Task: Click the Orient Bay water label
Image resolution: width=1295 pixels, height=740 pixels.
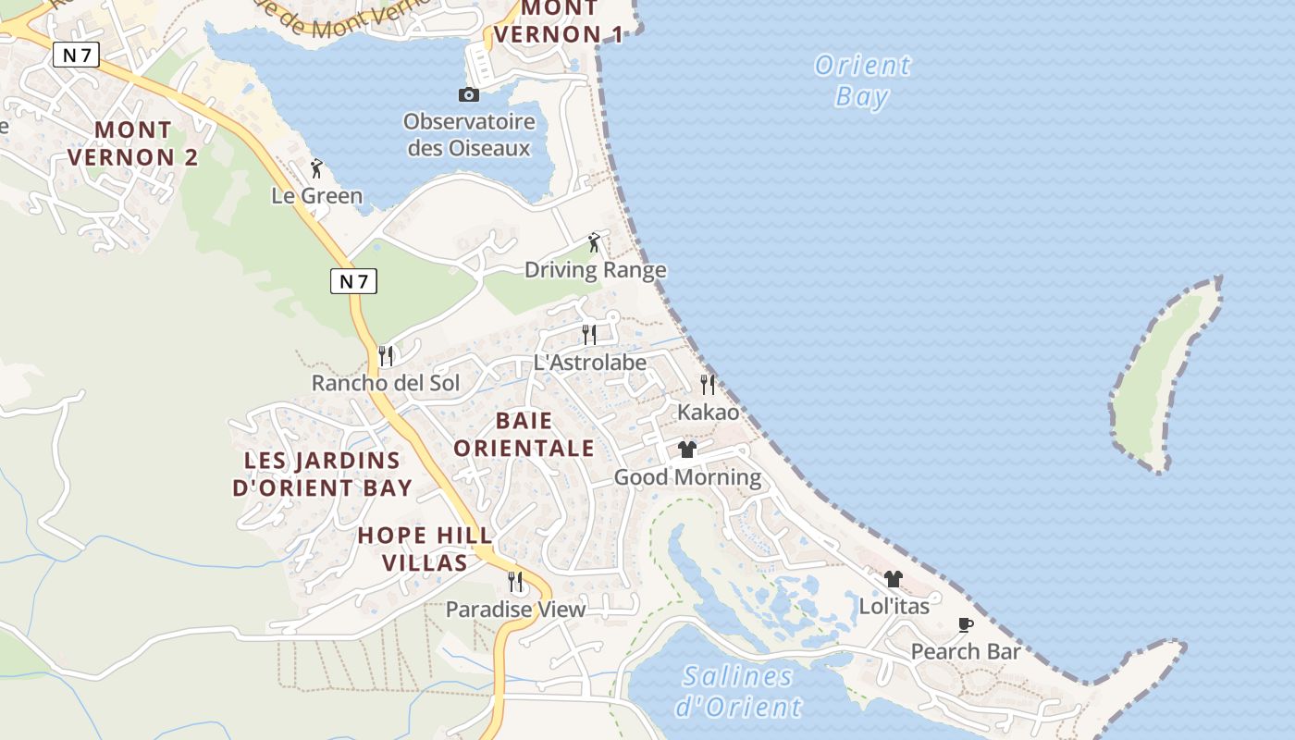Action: [x=862, y=80]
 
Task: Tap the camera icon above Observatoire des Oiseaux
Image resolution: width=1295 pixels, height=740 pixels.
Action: [x=469, y=94]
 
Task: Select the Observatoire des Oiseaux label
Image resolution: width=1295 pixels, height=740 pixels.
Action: [x=469, y=135]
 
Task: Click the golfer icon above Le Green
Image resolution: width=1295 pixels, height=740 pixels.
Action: [x=316, y=169]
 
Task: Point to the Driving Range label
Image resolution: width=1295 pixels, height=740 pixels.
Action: [x=595, y=270]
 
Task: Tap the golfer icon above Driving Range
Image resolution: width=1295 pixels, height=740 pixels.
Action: [x=594, y=243]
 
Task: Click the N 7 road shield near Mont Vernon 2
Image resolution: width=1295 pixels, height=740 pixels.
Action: [x=76, y=55]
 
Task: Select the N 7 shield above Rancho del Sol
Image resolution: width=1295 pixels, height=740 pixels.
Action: [x=354, y=281]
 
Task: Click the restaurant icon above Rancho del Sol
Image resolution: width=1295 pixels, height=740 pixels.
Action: [x=387, y=355]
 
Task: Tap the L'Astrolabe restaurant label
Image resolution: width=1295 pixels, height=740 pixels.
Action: [x=589, y=363]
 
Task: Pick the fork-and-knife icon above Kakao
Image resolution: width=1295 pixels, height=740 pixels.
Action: [x=708, y=384]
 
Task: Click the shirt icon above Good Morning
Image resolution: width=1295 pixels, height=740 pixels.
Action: [x=686, y=450]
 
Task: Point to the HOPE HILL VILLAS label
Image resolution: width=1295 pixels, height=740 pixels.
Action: [x=425, y=549]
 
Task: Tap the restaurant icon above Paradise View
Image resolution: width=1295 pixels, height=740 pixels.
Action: [x=515, y=582]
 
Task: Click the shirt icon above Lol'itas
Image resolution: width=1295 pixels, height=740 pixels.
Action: [x=893, y=579]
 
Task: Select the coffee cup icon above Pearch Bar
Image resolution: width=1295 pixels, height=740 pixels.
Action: [x=966, y=624]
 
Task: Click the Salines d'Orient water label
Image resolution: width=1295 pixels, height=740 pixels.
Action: [x=738, y=692]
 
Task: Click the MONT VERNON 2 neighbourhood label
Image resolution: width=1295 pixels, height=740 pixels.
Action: [x=132, y=143]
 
